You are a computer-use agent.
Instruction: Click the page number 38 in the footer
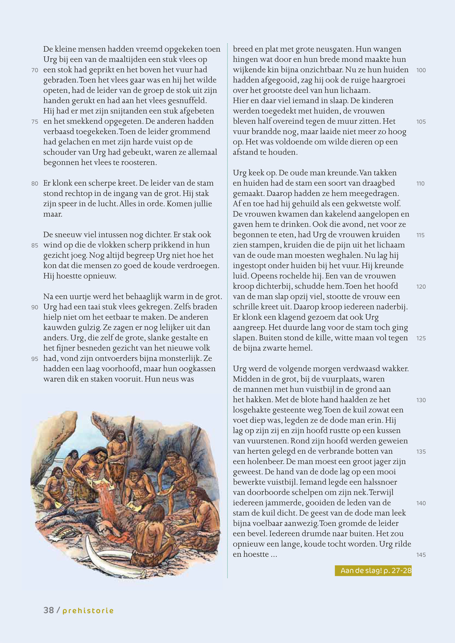(x=49, y=610)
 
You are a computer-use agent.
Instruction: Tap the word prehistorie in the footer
(x=88, y=611)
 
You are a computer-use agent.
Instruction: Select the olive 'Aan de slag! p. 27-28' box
(x=373, y=571)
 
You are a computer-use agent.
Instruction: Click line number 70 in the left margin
(x=35, y=70)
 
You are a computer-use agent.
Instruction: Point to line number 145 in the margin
(x=421, y=555)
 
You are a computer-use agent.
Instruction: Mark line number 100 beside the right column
(x=421, y=70)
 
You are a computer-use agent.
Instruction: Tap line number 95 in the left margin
(x=35, y=359)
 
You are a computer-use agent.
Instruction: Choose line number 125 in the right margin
(x=421, y=338)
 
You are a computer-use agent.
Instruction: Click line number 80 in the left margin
(x=35, y=184)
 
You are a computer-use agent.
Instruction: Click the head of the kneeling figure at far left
(x=57, y=473)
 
